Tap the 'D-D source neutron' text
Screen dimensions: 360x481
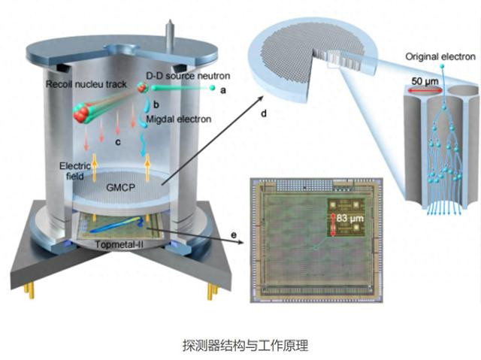[x=187, y=77]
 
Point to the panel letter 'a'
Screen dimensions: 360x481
[x=222, y=90]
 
